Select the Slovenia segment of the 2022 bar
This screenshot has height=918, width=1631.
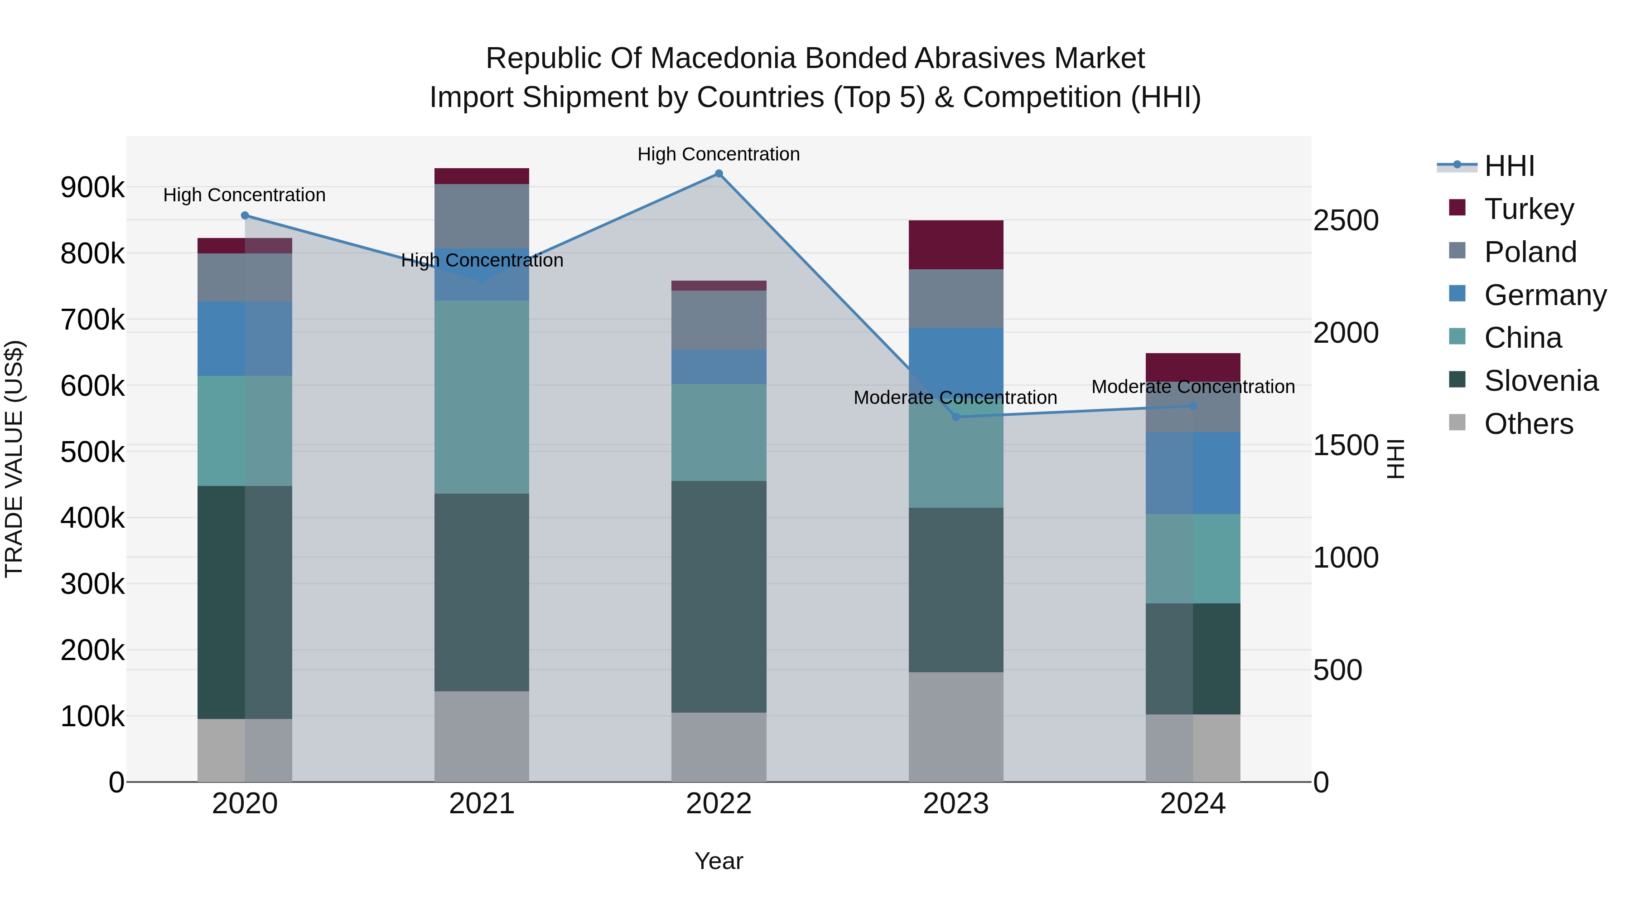(719, 596)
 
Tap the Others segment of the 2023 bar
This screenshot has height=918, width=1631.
(955, 727)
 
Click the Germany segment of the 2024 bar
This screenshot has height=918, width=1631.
(1192, 473)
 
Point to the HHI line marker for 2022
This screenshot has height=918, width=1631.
(719, 174)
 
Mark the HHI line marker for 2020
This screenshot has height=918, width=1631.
(245, 215)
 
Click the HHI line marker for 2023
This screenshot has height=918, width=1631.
(956, 417)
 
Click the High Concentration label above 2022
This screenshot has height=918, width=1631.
(719, 154)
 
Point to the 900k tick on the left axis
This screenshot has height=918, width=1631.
(92, 188)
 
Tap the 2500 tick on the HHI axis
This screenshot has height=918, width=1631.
(1346, 220)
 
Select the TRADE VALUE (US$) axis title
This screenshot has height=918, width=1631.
(14, 459)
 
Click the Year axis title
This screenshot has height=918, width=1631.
(719, 861)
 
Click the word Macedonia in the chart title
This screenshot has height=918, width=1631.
(722, 58)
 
